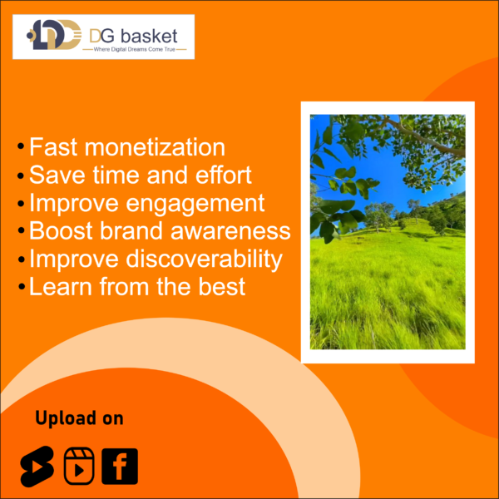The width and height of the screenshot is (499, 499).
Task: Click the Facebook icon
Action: tap(120, 467)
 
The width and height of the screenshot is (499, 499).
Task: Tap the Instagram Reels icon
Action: tap(79, 466)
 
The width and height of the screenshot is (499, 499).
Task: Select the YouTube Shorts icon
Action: tap(37, 467)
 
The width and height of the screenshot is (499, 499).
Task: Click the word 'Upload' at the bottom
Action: tap(66, 418)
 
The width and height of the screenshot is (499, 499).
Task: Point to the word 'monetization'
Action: tap(155, 147)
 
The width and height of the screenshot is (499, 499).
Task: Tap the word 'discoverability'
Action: tap(204, 259)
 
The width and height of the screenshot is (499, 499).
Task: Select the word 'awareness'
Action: tap(230, 230)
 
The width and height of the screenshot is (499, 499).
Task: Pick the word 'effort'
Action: tap(224, 175)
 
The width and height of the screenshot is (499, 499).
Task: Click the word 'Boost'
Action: tap(61, 230)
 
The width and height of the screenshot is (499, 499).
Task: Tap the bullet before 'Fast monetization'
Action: tap(21, 146)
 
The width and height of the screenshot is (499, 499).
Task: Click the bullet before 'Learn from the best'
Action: tap(22, 286)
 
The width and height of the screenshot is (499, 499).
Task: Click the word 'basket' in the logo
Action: tap(149, 36)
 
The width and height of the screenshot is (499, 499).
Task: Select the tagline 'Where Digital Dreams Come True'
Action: tap(134, 49)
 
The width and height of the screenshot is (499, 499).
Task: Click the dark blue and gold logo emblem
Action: tap(53, 34)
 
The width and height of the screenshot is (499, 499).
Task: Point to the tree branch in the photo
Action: tap(423, 137)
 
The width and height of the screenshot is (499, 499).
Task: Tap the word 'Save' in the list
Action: tap(57, 175)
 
